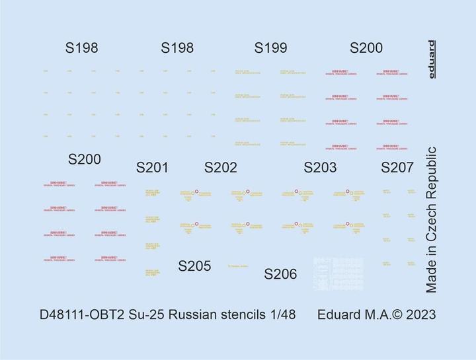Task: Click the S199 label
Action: [x=270, y=48]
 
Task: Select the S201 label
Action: [x=152, y=168]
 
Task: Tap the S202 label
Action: [x=220, y=168]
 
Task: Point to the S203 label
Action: [x=320, y=168]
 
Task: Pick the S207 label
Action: [x=397, y=168]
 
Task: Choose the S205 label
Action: [x=195, y=266]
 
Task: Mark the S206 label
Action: [x=280, y=274]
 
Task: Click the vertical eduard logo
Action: [x=431, y=59]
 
